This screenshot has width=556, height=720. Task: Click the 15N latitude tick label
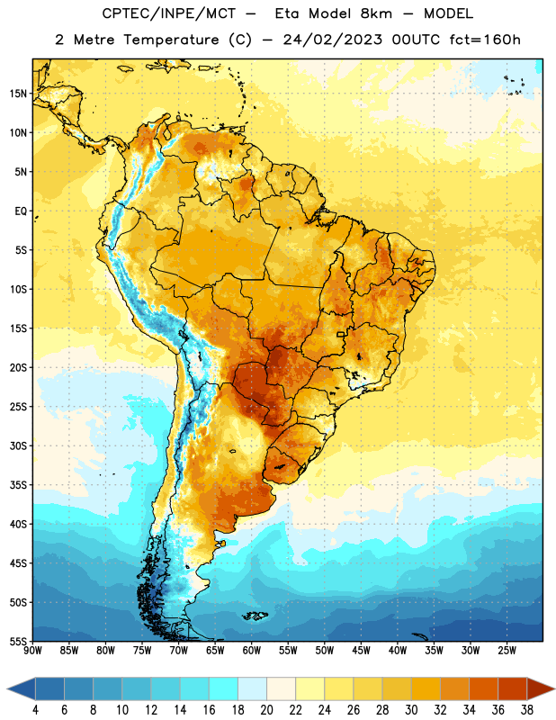pyautogui.click(x=18, y=94)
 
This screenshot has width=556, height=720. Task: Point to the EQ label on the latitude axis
pyautogui.click(x=21, y=211)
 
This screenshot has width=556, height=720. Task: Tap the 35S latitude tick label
pyautogui.click(x=18, y=485)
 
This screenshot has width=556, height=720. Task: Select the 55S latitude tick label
pyautogui.click(x=18, y=641)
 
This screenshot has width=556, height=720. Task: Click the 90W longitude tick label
pyautogui.click(x=32, y=651)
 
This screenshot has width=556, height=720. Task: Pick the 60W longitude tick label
pyautogui.click(x=252, y=651)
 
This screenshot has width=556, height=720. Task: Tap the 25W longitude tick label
pyautogui.click(x=507, y=651)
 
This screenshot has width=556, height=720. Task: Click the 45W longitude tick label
pyautogui.click(x=362, y=651)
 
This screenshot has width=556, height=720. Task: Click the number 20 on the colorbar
pyautogui.click(x=266, y=710)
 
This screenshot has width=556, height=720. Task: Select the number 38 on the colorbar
pyautogui.click(x=526, y=710)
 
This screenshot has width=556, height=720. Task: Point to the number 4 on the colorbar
pyautogui.click(x=35, y=710)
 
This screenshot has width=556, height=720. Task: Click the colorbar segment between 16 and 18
pyautogui.click(x=224, y=688)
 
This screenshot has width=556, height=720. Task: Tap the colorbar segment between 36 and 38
pyautogui.click(x=513, y=688)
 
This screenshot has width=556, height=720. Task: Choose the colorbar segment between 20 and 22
pyautogui.click(x=281, y=688)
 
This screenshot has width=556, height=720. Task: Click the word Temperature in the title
pyautogui.click(x=171, y=40)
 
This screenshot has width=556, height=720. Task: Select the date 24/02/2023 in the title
pyautogui.click(x=333, y=40)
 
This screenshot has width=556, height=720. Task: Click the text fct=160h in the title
pyautogui.click(x=485, y=40)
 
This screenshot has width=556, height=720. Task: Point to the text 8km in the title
pyautogui.click(x=376, y=13)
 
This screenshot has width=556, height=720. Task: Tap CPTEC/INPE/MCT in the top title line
pyautogui.click(x=169, y=13)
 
